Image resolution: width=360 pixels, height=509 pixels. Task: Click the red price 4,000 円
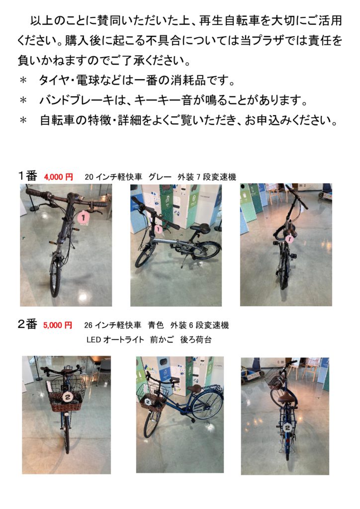coord(59,177)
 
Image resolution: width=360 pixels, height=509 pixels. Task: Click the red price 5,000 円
coord(58,325)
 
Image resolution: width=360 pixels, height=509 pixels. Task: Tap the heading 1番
coord(27,176)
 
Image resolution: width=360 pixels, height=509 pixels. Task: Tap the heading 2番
coord(27,324)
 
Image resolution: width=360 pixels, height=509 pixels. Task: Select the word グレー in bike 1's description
coord(160,177)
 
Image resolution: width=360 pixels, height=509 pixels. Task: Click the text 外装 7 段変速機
coord(207,177)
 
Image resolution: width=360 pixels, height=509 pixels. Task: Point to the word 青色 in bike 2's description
coord(156,325)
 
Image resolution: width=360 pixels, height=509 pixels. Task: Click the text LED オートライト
coord(115,340)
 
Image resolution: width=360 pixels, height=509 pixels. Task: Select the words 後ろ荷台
coord(196,340)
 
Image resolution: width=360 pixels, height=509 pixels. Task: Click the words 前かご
coord(162,340)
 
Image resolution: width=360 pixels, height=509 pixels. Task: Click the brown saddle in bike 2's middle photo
coord(194,389)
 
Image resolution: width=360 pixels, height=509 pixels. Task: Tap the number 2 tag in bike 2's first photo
coord(68,397)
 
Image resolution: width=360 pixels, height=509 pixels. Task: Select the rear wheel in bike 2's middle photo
coord(207,406)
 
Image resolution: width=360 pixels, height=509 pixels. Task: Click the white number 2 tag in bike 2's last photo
coord(287,428)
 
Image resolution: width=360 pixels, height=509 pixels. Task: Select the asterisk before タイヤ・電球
coord(23,81)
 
